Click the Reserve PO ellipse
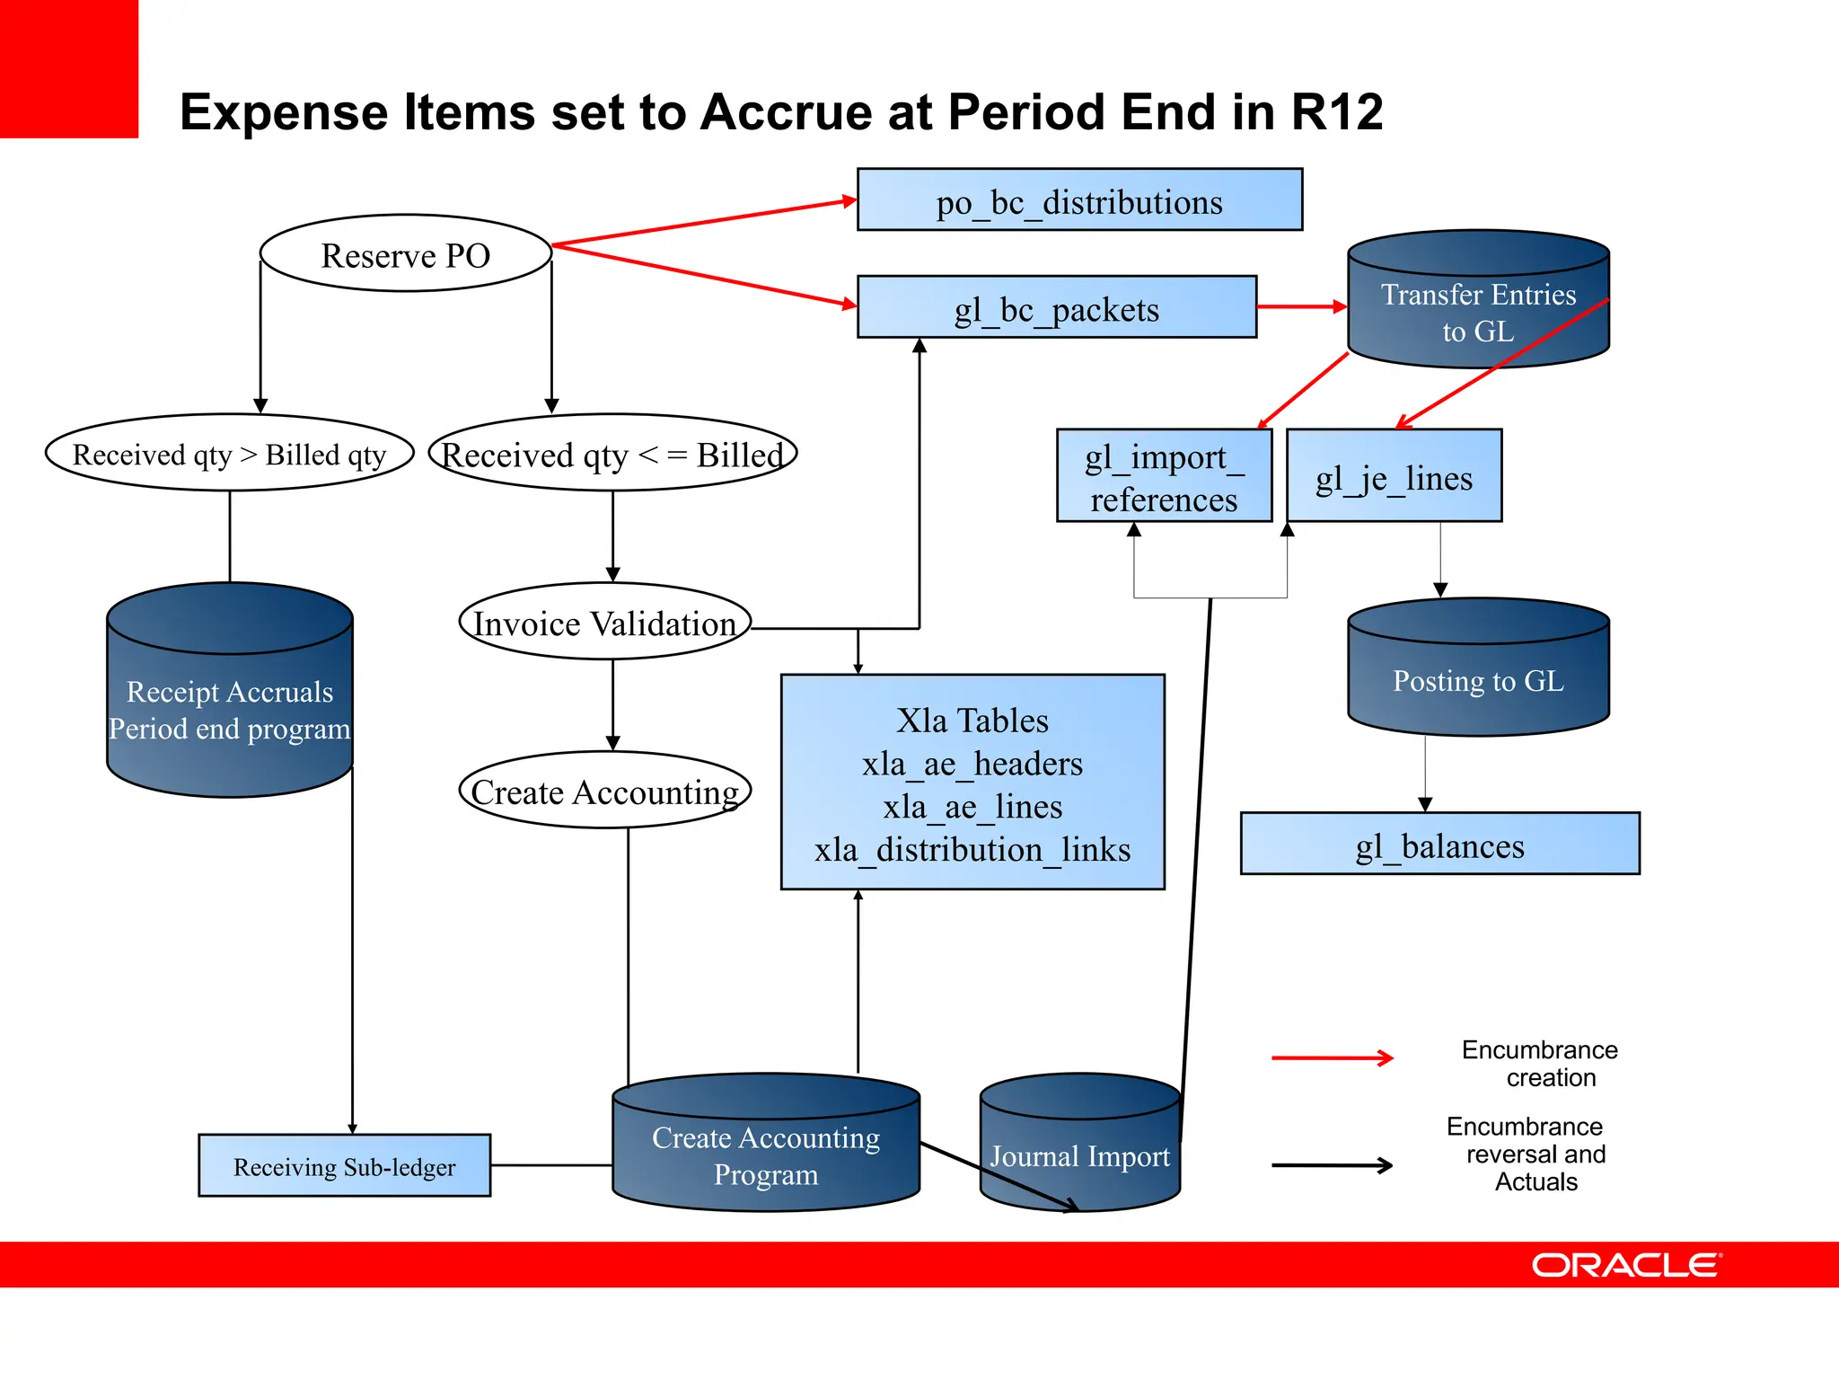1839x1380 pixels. point(405,254)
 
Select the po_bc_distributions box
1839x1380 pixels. point(1079,200)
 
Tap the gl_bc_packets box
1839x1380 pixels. point(1056,308)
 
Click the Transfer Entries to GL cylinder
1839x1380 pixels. point(1477,310)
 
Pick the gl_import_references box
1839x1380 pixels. point(1164,476)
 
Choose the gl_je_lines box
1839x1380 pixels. point(1394,476)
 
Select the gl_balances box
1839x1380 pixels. point(1439,845)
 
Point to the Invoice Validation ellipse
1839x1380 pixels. point(604,622)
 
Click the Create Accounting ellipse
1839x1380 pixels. point(604,791)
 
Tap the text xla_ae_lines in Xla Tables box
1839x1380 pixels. point(972,806)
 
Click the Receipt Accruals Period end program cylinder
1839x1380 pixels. point(230,705)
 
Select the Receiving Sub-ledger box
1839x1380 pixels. point(344,1166)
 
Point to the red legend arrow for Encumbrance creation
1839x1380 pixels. point(1333,1058)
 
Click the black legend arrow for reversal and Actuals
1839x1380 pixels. point(1333,1166)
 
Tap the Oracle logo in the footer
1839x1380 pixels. point(1626,1265)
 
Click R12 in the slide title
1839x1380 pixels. point(1337,112)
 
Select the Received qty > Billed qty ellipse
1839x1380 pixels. point(230,454)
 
